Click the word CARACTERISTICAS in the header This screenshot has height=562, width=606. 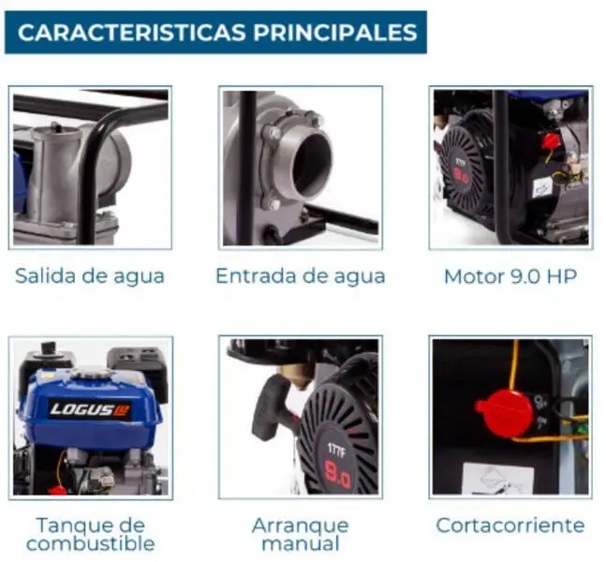coord(131,32)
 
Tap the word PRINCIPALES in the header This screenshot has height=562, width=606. coord(335,32)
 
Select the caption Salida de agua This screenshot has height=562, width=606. coord(90,276)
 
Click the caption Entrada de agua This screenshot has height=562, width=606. coord(301,276)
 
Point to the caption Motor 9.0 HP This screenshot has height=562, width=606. coord(510,276)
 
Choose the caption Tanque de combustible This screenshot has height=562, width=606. coord(91,535)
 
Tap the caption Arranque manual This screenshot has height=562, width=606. coord(301,535)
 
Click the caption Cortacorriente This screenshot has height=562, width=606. coord(510,525)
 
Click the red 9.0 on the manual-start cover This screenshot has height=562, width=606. coord(338,475)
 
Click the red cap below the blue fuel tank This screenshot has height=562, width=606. coord(58,490)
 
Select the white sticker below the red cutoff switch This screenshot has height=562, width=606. coord(498,479)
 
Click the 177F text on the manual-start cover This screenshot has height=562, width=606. coord(335,451)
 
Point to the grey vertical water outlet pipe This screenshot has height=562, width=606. coord(55,174)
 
